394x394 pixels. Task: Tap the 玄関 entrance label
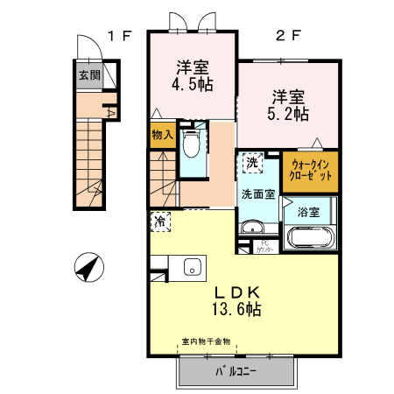pyautogui.click(x=89, y=75)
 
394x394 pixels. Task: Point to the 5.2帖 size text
pyautogui.click(x=287, y=113)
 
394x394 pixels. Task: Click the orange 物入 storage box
pyautogui.click(x=162, y=136)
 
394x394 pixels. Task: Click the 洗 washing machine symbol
pyautogui.click(x=252, y=162)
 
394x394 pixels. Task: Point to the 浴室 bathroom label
pyautogui.click(x=307, y=212)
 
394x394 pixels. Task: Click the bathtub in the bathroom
pyautogui.click(x=308, y=239)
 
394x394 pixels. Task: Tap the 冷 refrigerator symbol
pyautogui.click(x=161, y=222)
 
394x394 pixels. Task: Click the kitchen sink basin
pyautogui.click(x=192, y=268)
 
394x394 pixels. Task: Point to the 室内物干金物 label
pyautogui.click(x=206, y=342)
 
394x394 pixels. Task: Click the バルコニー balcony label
pyautogui.click(x=236, y=372)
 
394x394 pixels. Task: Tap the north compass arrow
pyautogui.click(x=87, y=268)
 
